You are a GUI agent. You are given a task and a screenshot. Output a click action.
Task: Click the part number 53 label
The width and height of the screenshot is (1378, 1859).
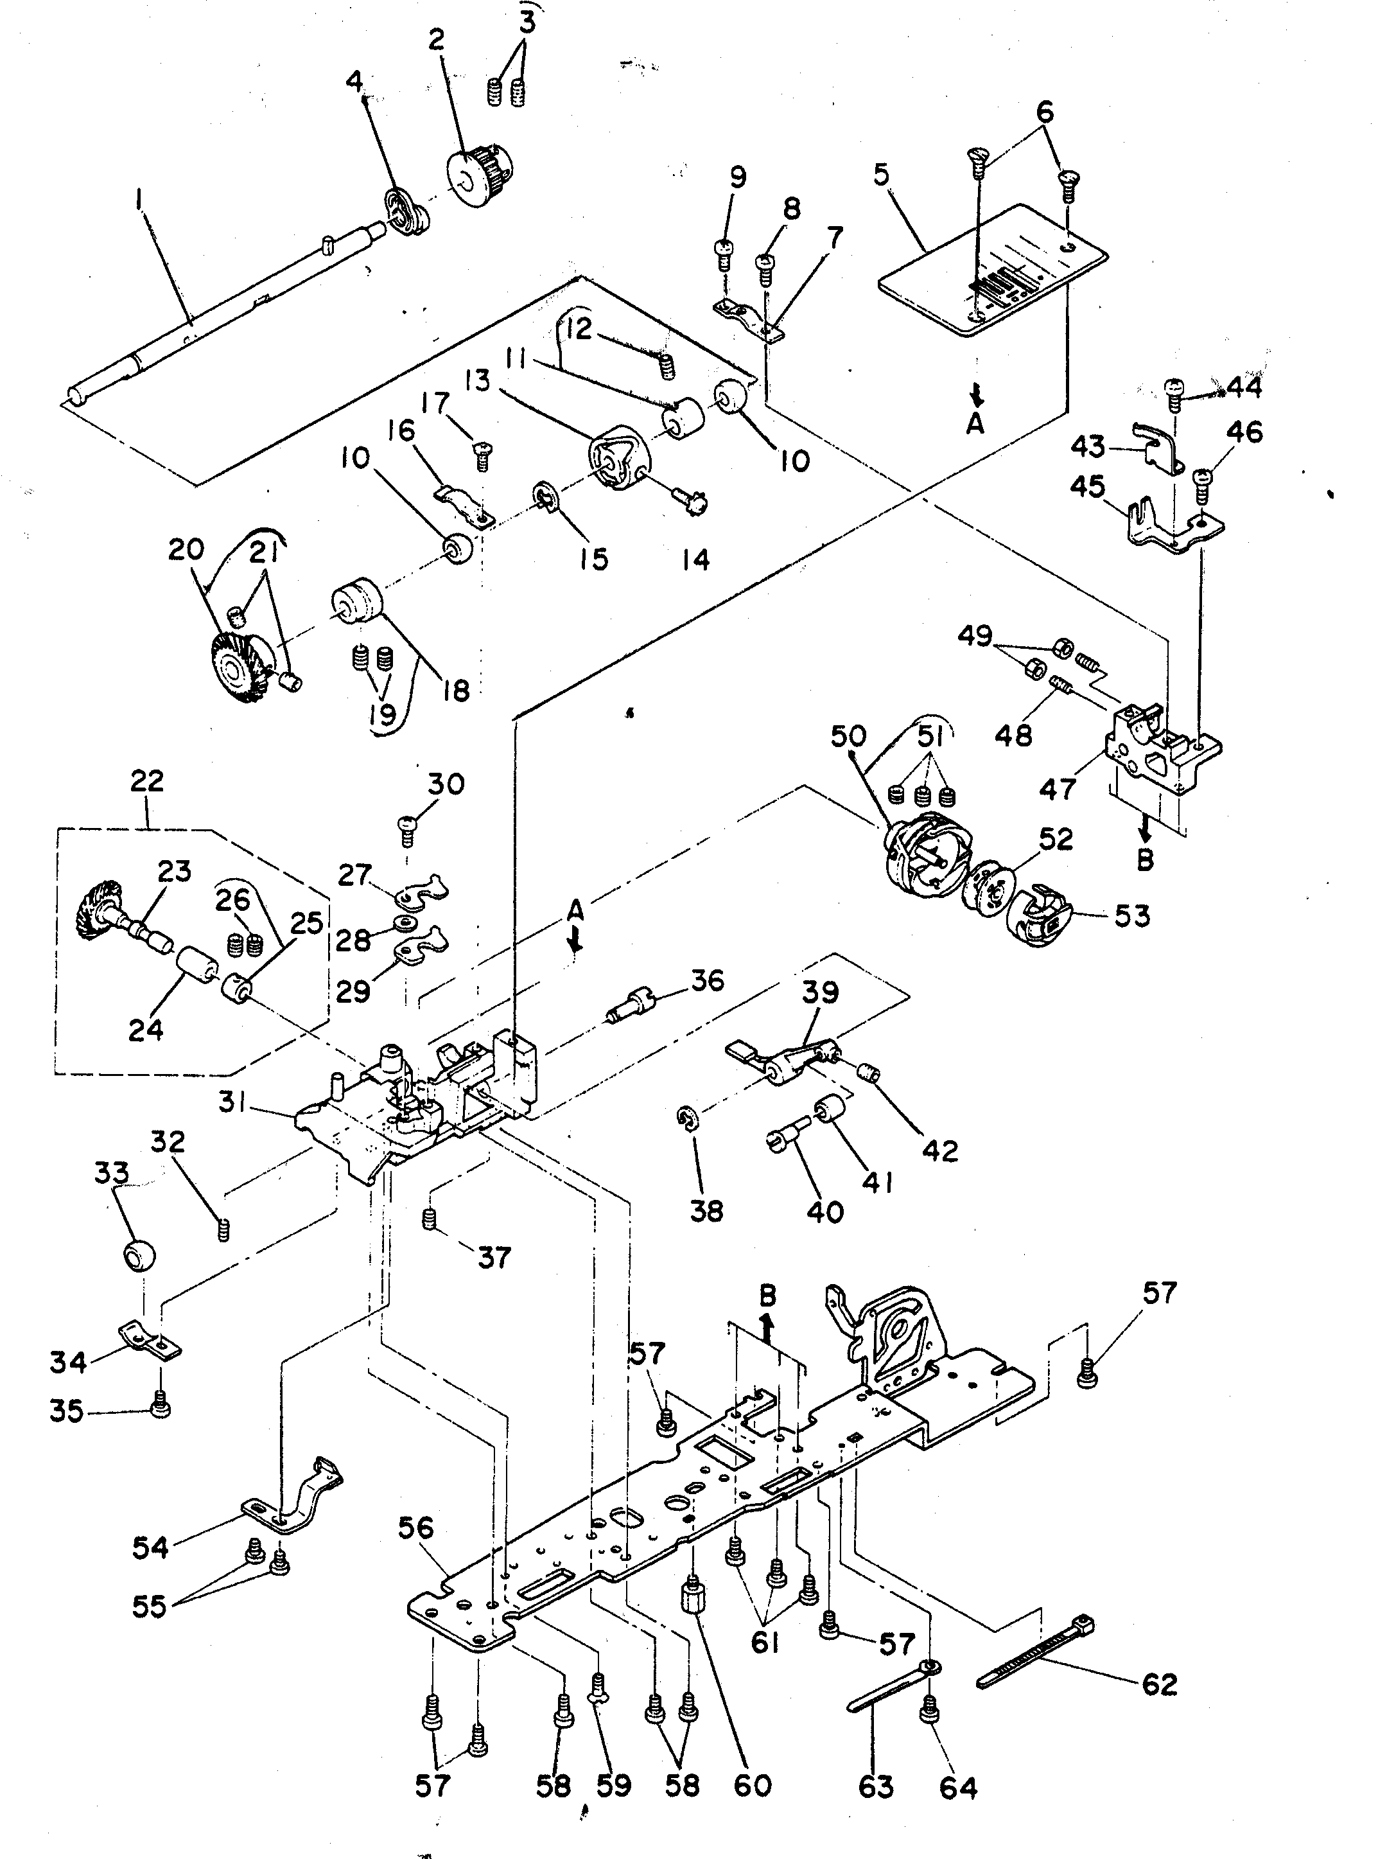pos(1133,915)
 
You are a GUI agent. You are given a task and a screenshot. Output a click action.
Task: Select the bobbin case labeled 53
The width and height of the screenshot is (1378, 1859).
pos(1041,915)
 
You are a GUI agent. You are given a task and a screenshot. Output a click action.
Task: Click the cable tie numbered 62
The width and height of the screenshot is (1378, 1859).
pos(1034,1653)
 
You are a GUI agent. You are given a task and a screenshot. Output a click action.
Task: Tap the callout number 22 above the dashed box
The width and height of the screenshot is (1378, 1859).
pos(147,781)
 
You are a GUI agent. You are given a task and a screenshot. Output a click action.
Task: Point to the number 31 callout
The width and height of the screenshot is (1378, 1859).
pos(238,1102)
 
